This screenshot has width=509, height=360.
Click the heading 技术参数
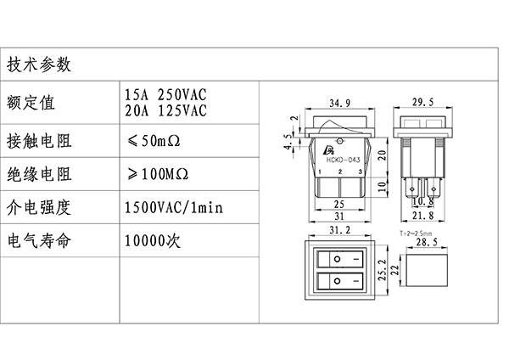(x=39, y=65)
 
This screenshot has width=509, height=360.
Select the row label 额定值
(x=31, y=104)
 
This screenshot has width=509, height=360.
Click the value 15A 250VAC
(x=166, y=95)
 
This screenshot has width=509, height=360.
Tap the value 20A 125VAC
(x=166, y=110)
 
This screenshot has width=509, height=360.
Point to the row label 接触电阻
(x=39, y=139)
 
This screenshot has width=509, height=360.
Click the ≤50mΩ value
(x=156, y=139)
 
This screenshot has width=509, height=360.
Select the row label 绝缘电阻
(x=39, y=175)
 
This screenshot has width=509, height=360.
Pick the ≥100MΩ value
(x=159, y=175)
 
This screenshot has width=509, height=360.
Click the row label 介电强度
(x=39, y=207)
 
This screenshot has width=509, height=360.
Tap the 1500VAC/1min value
(x=174, y=208)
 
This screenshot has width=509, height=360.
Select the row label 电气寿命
(x=39, y=240)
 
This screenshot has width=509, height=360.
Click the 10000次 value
(x=154, y=240)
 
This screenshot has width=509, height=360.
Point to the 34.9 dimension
(x=339, y=103)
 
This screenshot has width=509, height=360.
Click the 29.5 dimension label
(x=422, y=103)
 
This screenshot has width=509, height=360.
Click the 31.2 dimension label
(x=339, y=230)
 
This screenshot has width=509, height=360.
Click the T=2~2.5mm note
(x=415, y=232)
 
